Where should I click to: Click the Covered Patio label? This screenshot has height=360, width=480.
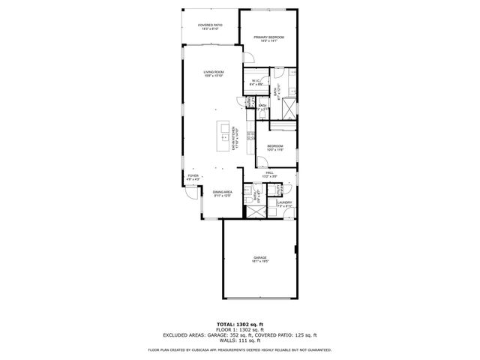point(210,27)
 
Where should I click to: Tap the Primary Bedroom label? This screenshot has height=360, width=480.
point(268,38)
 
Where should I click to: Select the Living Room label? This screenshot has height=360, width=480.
point(214,73)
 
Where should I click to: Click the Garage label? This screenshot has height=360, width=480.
point(259,259)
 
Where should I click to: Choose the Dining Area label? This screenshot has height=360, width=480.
point(222,194)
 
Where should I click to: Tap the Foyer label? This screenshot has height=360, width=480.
point(193,178)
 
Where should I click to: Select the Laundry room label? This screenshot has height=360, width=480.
point(283,203)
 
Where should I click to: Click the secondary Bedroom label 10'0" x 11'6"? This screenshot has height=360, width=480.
point(276,147)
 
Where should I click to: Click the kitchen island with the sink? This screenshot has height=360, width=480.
point(223,136)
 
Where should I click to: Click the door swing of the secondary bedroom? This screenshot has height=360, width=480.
point(261,160)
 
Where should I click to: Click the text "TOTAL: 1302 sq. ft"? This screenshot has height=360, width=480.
point(239,324)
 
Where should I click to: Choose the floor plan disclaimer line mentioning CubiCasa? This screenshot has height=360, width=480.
point(239,349)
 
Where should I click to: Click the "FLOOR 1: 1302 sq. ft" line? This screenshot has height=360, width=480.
point(239,329)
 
